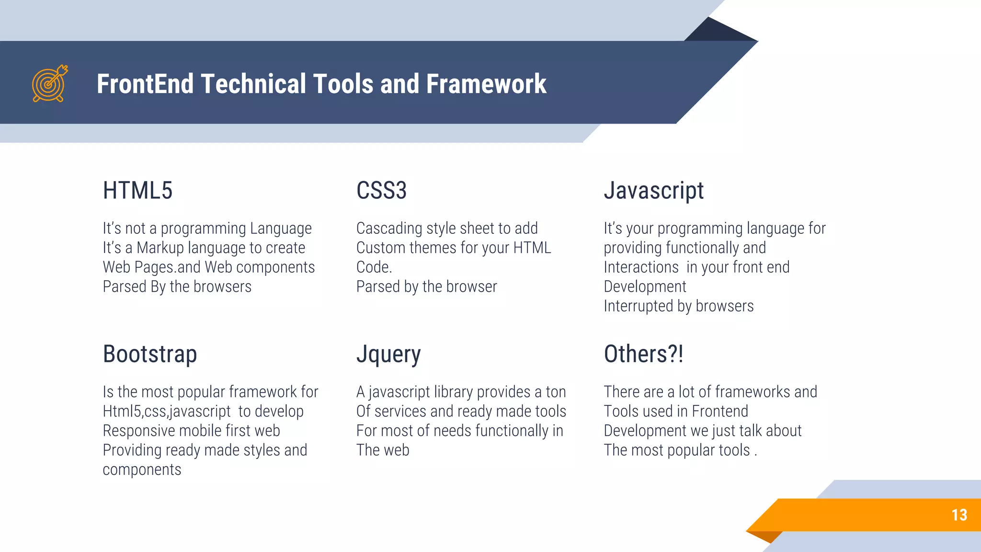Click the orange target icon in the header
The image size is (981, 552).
coord(49,84)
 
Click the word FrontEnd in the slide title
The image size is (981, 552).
coord(145,84)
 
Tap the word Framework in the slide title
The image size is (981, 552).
coord(486,84)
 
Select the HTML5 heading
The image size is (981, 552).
coord(137,191)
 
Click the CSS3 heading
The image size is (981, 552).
coord(381,191)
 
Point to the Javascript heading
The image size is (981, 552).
coord(653,191)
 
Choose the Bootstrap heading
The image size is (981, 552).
coord(150,355)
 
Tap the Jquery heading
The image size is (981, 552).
coord(388,355)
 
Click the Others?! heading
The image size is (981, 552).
coord(643,355)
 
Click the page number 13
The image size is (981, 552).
coord(959,515)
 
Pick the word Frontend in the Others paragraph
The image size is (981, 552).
coord(719,412)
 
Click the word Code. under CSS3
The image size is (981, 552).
coord(374,267)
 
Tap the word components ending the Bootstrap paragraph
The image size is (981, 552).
coord(142,470)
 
